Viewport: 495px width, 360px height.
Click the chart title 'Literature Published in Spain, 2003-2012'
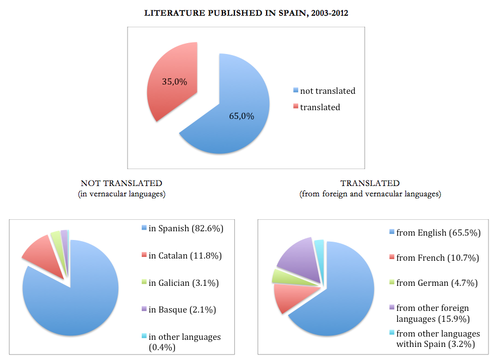point(246,13)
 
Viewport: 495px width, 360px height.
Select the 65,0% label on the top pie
point(240,116)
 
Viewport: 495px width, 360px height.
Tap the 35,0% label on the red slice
point(174,82)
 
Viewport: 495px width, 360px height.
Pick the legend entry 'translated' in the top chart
point(319,107)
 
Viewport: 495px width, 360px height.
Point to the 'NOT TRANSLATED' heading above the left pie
point(122,183)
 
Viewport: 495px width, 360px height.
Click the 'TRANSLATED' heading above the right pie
point(370,183)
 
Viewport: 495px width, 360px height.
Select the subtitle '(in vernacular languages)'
point(122,194)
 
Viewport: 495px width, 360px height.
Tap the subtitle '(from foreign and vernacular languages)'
point(370,194)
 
